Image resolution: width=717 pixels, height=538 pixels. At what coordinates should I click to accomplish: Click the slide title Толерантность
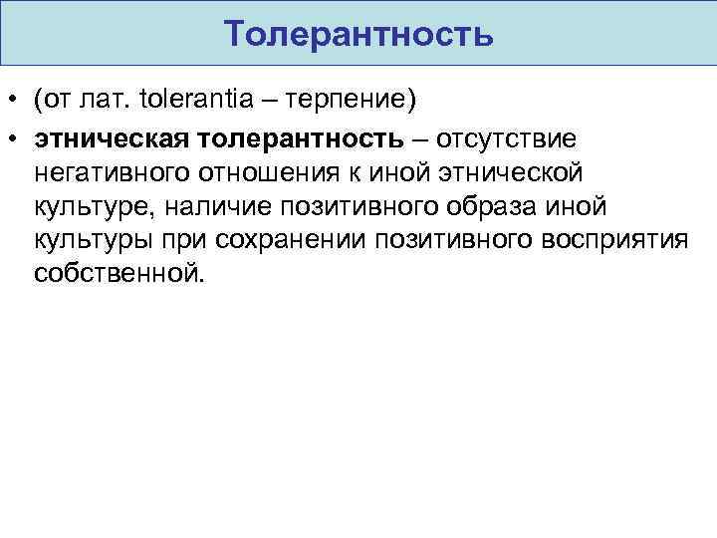click(x=358, y=34)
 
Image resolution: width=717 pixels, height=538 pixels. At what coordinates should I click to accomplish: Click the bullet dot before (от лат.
click(x=14, y=102)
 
